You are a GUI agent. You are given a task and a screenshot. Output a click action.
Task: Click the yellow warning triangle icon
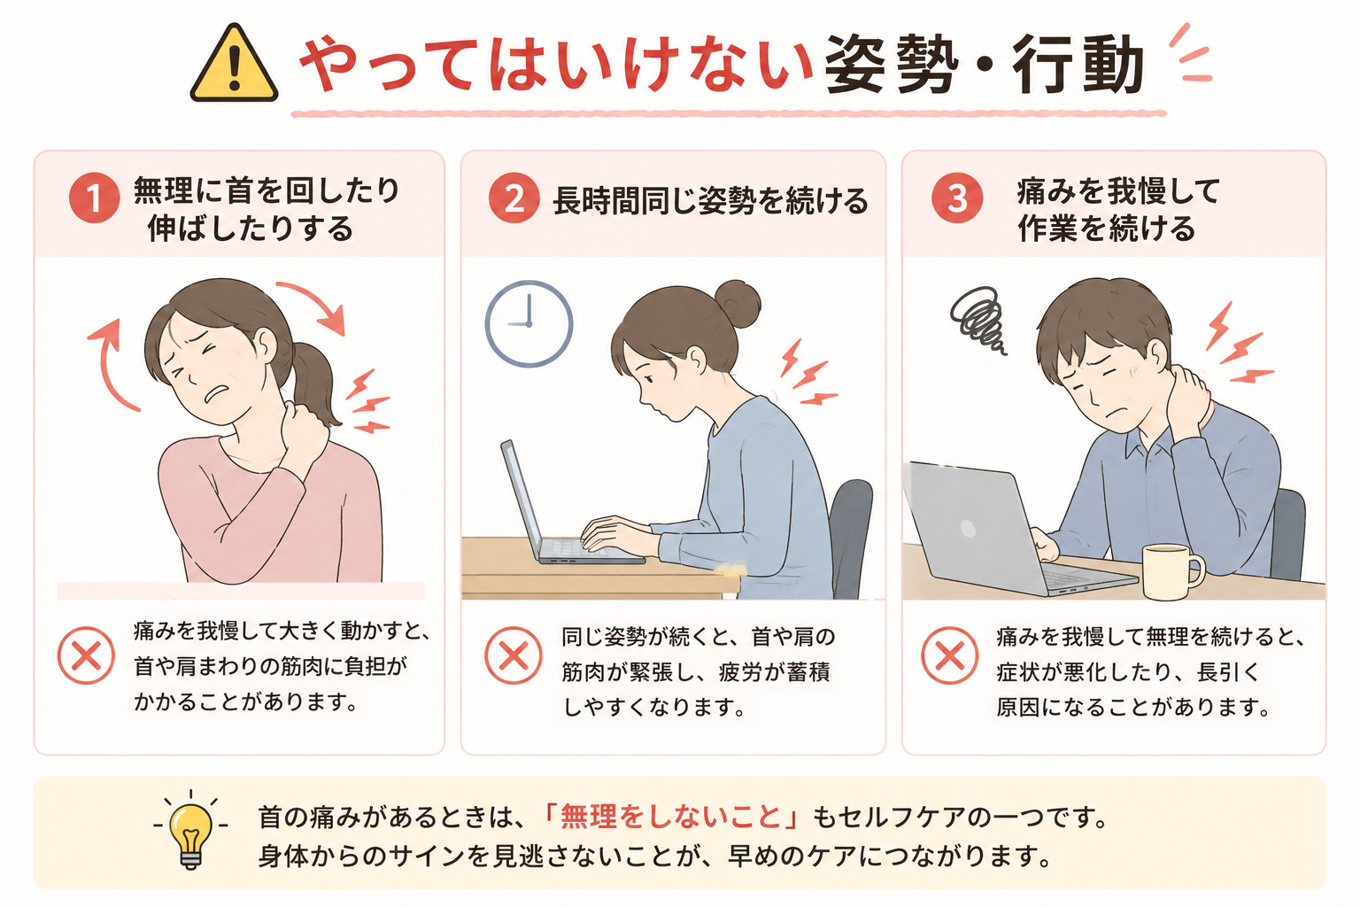pos(234,64)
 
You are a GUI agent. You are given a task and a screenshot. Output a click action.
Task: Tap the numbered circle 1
pos(94,198)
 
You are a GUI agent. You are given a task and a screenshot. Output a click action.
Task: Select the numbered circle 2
pos(514,198)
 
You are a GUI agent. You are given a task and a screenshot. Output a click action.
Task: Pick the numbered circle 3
pos(957,198)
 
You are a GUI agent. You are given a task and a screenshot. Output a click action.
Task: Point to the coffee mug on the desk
pos(1171,571)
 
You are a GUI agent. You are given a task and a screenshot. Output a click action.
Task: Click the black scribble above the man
pos(977,320)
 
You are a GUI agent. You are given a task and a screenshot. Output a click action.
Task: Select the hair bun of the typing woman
pos(737,304)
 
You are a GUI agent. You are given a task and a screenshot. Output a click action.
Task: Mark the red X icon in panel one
pos(86,655)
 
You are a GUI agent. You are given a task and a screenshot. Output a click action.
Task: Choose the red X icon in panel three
pos(949,655)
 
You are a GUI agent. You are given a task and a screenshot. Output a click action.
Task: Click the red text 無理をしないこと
pos(670,817)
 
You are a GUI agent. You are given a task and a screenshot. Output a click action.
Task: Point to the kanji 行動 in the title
pos(1078,65)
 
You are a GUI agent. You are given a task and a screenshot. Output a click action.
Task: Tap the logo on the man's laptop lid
pos(968,529)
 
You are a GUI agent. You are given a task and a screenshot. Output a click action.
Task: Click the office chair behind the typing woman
pos(851,535)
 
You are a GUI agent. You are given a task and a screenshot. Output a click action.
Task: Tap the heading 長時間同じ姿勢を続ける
pos(710,200)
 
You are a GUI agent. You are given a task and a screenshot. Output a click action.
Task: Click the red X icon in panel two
pos(513,655)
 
